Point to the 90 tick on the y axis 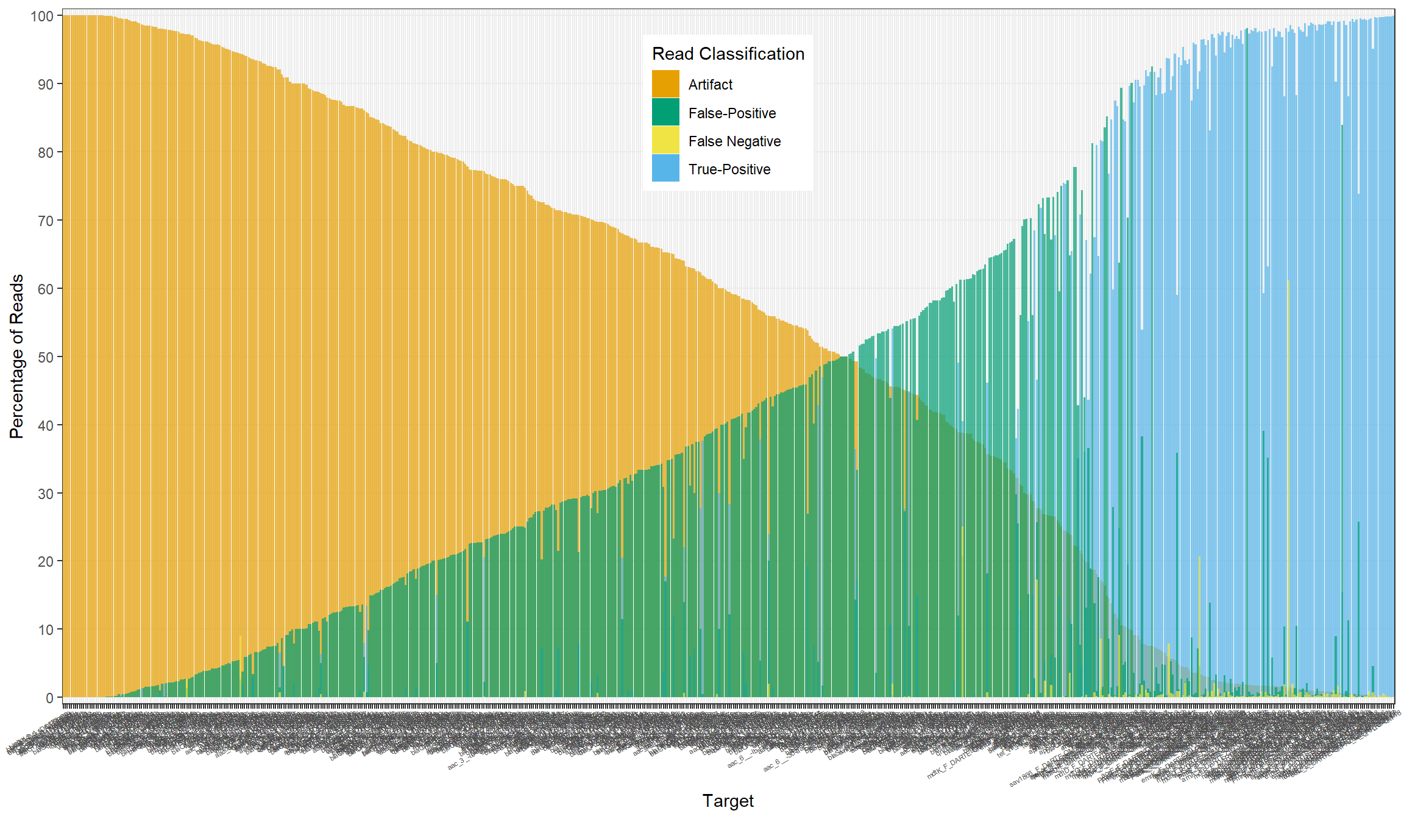coord(45,85)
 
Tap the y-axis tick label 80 coord(45,153)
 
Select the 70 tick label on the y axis coord(45,221)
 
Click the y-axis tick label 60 coord(45,289)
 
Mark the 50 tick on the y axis coord(45,358)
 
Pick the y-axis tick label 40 coord(45,426)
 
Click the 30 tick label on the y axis coord(45,494)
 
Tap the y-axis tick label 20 coord(45,562)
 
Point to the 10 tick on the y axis coord(45,630)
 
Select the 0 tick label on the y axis coord(49,698)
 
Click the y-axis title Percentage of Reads coord(16,356)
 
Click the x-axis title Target coord(728,801)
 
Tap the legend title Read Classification coord(728,54)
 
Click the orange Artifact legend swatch coord(665,84)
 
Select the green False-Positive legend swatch coord(665,113)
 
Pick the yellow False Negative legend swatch coord(665,141)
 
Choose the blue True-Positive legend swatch coord(665,169)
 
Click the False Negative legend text coord(734,141)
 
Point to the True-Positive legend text coord(729,169)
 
